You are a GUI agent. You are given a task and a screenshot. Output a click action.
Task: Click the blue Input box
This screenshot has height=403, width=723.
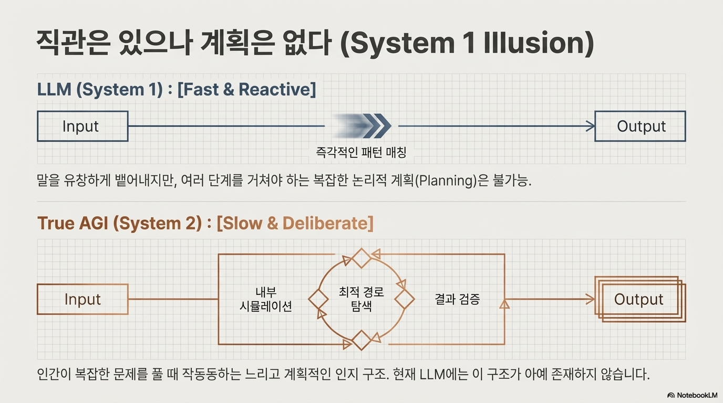pos(82,126)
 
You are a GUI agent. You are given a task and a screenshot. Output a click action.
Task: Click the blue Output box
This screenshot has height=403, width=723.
pos(640,126)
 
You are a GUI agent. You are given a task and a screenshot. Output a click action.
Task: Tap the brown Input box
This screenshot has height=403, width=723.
pos(82,299)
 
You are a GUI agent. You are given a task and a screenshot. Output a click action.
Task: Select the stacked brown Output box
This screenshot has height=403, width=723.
pos(639,299)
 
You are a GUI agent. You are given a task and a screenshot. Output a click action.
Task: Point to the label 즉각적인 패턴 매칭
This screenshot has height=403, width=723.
pos(361,152)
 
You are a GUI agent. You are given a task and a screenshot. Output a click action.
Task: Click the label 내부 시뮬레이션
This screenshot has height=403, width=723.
pos(265,300)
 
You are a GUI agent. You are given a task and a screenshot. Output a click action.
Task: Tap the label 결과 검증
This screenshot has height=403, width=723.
pos(457,299)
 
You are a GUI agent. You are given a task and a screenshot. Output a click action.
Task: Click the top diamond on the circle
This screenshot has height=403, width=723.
pos(361,258)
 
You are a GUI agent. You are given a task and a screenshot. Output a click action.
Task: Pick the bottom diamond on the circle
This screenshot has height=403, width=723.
pos(361,340)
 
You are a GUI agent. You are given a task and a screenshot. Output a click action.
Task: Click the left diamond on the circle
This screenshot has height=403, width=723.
pos(318,300)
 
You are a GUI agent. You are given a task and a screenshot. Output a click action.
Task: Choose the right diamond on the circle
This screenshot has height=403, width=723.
pos(404,300)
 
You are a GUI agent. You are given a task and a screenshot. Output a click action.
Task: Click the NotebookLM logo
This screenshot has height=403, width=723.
pos(692,395)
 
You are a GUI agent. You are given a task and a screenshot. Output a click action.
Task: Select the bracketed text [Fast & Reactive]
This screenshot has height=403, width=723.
pos(246,89)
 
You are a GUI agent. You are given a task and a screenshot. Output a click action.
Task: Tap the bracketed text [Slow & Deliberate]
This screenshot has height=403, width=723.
pos(295,223)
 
